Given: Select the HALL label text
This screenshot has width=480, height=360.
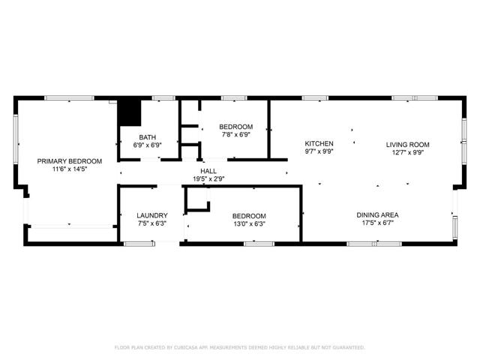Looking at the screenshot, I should click(x=208, y=171).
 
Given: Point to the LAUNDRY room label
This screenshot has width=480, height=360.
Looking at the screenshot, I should click(x=152, y=215).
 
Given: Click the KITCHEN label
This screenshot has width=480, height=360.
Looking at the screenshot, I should click(x=319, y=143).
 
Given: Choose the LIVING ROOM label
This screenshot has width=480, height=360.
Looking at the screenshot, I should click(x=407, y=145).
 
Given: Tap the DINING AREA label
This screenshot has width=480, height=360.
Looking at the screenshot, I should click(x=377, y=215).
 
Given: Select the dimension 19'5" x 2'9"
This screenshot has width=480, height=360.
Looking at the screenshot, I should click(x=208, y=178).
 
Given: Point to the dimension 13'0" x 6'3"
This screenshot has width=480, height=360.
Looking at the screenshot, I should click(x=248, y=223).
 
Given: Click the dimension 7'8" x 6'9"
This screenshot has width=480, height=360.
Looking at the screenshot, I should click(x=235, y=135).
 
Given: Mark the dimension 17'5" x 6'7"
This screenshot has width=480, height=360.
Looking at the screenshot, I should click(x=377, y=223).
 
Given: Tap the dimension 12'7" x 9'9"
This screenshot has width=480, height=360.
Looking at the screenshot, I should click(x=407, y=152).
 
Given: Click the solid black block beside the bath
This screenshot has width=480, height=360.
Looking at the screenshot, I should click(x=130, y=112).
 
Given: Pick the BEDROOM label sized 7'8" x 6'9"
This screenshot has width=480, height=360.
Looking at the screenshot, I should click(x=235, y=127).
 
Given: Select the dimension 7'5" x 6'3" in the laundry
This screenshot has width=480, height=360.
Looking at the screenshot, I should click(x=152, y=223).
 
